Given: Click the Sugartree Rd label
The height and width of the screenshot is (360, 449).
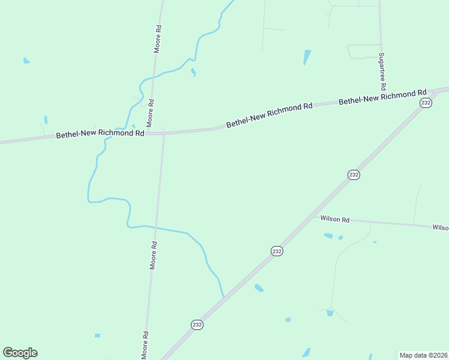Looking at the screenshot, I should [x=382, y=71].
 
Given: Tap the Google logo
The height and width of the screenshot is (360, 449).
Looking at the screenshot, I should [x=20, y=353].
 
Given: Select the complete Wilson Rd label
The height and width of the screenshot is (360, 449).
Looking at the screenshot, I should [x=335, y=220].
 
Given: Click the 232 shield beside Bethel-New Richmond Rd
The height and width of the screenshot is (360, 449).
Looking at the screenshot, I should [x=426, y=103].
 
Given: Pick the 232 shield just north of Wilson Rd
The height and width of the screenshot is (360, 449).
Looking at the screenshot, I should [x=354, y=175].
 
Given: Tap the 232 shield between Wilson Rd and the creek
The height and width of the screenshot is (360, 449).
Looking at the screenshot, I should [x=276, y=251].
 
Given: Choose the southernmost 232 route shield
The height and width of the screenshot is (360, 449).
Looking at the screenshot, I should [x=197, y=325].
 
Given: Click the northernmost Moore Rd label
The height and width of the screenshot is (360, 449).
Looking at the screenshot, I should [x=158, y=38].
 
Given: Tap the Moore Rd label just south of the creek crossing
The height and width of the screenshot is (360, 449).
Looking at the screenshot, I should [x=153, y=255].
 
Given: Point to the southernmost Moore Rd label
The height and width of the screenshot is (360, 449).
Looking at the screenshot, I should [x=145, y=345].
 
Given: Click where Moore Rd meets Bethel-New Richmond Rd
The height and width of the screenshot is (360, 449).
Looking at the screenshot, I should [x=163, y=133].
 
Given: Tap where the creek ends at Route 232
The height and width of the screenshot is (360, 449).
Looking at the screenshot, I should [x=224, y=297].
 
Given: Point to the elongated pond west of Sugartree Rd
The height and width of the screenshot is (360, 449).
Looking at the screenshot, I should [x=307, y=57].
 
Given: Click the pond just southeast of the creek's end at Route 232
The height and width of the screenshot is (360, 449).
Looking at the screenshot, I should [x=259, y=288].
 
